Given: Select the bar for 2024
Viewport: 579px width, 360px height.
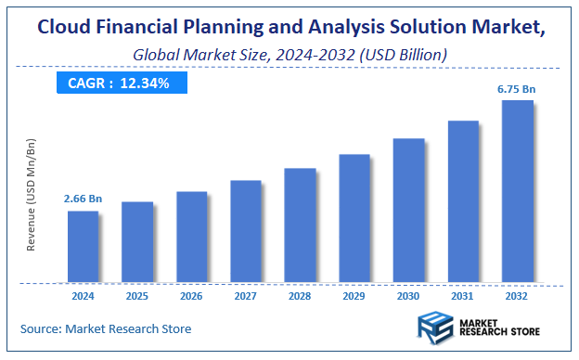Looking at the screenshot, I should (x=83, y=246).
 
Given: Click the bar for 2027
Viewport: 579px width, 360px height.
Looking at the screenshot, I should (x=246, y=231).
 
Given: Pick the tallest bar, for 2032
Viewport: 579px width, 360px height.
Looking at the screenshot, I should (x=517, y=190).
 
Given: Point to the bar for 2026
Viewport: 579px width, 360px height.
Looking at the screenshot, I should (x=191, y=237).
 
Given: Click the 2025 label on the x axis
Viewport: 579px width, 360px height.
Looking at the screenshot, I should (x=137, y=297).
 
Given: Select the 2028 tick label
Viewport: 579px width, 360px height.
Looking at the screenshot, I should (x=300, y=297).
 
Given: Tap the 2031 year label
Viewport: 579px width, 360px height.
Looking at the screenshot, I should (x=463, y=297).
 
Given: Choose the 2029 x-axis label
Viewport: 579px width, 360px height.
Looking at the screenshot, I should (x=354, y=297).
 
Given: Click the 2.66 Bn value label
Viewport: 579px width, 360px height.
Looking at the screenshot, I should (x=82, y=199).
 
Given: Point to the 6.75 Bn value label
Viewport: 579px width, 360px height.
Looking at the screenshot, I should (x=517, y=88).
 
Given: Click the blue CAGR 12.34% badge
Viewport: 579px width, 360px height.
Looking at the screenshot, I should (x=119, y=84).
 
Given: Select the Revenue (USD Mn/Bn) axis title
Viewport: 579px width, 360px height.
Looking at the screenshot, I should (x=32, y=194).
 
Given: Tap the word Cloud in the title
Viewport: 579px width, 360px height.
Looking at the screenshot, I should (x=68, y=28).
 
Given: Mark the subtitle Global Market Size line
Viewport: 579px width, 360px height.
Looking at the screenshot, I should (x=290, y=55).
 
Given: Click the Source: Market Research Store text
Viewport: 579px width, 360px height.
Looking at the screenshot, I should (x=106, y=328).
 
